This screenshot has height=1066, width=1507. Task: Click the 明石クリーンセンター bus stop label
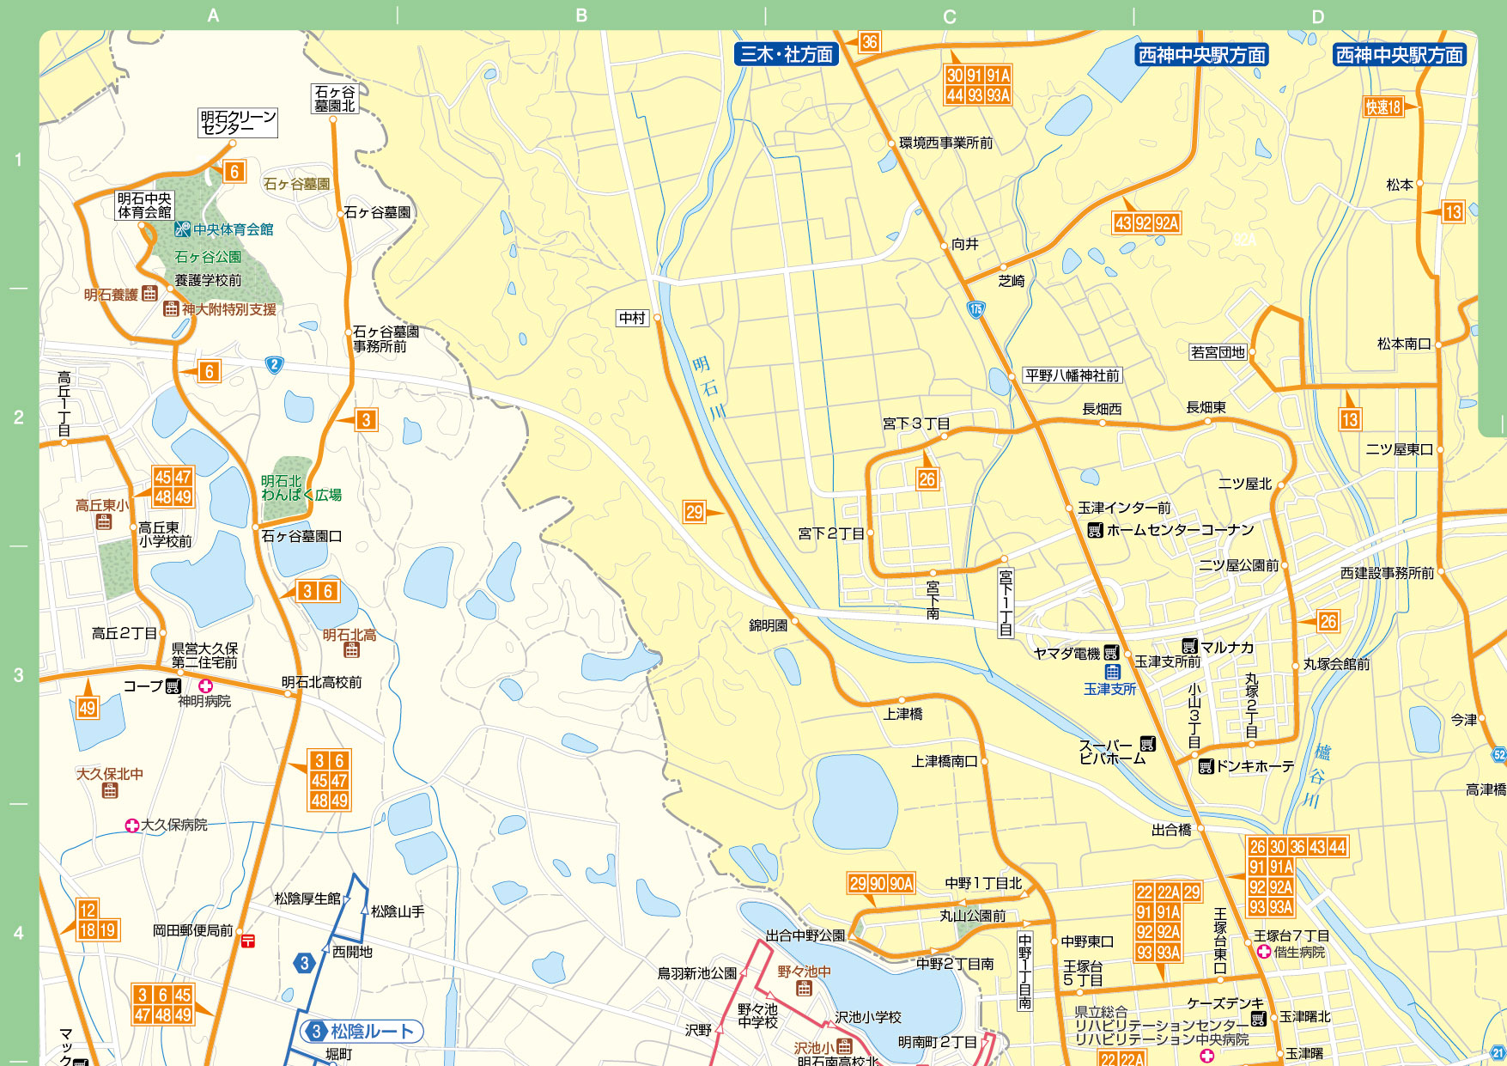(238, 122)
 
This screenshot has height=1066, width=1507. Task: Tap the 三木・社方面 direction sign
(786, 55)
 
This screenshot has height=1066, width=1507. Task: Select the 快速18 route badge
(1382, 107)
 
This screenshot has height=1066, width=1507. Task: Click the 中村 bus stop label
(632, 318)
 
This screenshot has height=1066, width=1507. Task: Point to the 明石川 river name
(708, 387)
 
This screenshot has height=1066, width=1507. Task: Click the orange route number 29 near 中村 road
(694, 513)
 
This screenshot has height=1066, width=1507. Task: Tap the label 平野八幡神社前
(1072, 375)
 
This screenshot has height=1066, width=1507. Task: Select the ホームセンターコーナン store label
(1179, 530)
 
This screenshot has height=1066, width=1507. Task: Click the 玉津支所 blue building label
(1109, 689)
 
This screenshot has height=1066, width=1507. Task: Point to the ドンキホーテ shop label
(1253, 766)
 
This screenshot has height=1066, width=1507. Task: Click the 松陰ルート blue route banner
(371, 1031)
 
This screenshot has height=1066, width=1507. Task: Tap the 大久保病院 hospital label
(173, 825)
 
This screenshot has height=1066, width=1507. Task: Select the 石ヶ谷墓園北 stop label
(334, 99)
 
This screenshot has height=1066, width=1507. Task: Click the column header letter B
(581, 15)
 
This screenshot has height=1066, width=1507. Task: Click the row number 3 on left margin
(18, 675)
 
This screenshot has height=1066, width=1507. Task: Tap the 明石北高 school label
(349, 635)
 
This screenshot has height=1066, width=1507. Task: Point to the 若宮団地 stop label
(1217, 352)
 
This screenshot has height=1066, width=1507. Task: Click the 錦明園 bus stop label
(768, 625)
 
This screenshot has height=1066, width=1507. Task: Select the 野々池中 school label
(804, 972)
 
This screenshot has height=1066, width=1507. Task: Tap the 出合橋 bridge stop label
(1171, 830)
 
